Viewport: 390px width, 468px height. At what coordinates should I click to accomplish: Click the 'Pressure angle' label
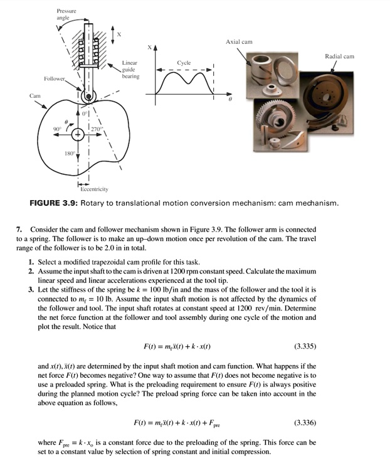(x=66, y=14)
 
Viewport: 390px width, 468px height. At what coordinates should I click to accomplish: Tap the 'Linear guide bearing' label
(x=130, y=70)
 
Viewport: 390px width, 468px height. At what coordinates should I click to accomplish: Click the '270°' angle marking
(x=96, y=129)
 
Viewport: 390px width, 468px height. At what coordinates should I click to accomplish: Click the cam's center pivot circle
(x=78, y=134)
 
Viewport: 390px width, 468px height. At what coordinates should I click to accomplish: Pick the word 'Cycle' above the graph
(x=184, y=63)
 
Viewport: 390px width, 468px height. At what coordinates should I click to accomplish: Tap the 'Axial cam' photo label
(x=239, y=42)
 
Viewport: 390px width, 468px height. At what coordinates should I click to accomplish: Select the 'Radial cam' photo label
(x=339, y=56)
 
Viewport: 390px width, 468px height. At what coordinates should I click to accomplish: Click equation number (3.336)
(x=305, y=422)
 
